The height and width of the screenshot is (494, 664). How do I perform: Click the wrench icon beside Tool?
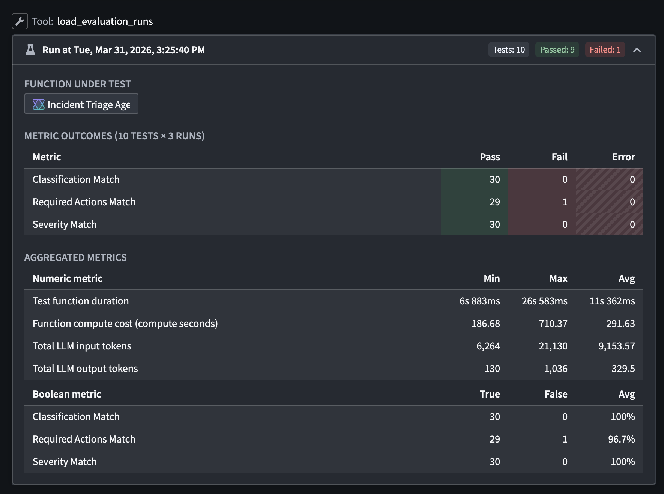click(x=20, y=21)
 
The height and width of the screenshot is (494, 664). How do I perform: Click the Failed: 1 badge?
click(x=605, y=50)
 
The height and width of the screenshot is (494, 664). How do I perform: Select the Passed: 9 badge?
click(x=557, y=50)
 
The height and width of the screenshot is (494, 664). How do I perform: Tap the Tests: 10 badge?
click(x=508, y=50)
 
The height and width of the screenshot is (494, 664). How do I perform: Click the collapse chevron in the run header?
click(x=637, y=50)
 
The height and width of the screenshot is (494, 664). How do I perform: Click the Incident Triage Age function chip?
click(x=81, y=104)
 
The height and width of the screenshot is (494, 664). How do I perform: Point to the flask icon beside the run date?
click(x=30, y=50)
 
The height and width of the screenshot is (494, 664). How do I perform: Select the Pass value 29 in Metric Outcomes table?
click(x=494, y=202)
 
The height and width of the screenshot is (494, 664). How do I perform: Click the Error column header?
click(x=623, y=157)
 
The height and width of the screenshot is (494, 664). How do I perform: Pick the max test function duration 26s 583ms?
click(x=544, y=301)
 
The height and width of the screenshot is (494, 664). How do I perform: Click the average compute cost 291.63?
click(x=620, y=324)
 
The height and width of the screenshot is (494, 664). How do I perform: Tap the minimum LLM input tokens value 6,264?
click(x=488, y=346)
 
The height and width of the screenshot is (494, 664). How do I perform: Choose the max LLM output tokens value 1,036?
click(x=555, y=369)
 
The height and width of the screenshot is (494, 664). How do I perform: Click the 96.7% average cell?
click(x=621, y=439)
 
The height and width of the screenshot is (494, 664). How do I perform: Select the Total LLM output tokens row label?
click(x=85, y=369)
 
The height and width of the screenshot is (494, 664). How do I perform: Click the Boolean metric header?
click(x=67, y=394)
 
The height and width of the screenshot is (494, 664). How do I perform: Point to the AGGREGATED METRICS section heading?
click(x=75, y=258)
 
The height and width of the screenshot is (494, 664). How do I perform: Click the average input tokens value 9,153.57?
click(x=616, y=346)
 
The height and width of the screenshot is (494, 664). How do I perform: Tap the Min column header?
click(x=491, y=279)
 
